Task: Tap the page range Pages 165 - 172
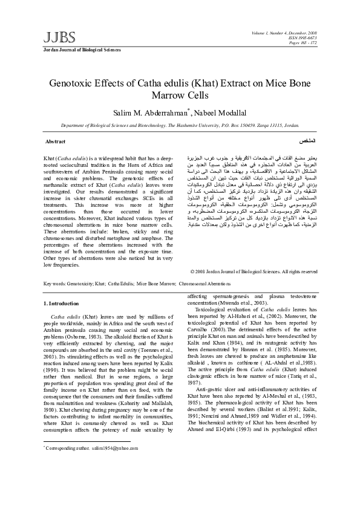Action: click(x=301, y=44)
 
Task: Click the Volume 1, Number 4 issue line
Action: click(x=286, y=33)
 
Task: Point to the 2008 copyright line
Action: click(x=254, y=271)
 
